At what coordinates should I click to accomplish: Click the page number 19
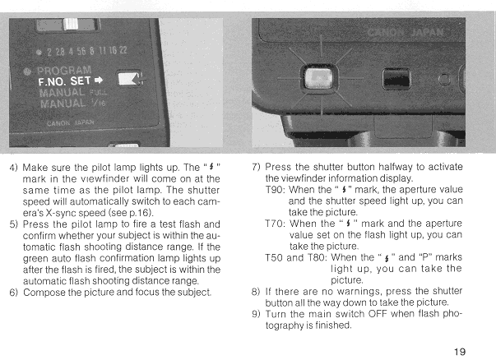pos(460,352)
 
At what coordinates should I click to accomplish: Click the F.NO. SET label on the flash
pos(64,81)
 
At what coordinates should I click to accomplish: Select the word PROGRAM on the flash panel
pos(64,70)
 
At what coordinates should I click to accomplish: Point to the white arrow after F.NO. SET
pos(99,81)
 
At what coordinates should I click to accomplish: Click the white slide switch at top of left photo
pos(70,25)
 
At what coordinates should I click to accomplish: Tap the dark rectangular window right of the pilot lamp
pos(396,79)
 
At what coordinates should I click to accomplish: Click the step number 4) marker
pos(14,167)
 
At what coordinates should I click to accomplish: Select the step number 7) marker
pos(256,167)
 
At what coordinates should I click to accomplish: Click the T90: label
pos(276,190)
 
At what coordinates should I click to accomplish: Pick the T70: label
pos(276,224)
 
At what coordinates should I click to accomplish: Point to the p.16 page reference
pos(139,213)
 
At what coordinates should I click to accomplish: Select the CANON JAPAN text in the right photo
pos(406,32)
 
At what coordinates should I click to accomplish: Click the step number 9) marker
pos(256,314)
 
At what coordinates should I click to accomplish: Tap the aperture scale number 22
pos(123,50)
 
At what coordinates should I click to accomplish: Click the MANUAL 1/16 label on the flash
pos(72,104)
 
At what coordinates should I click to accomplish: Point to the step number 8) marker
pos(256,292)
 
